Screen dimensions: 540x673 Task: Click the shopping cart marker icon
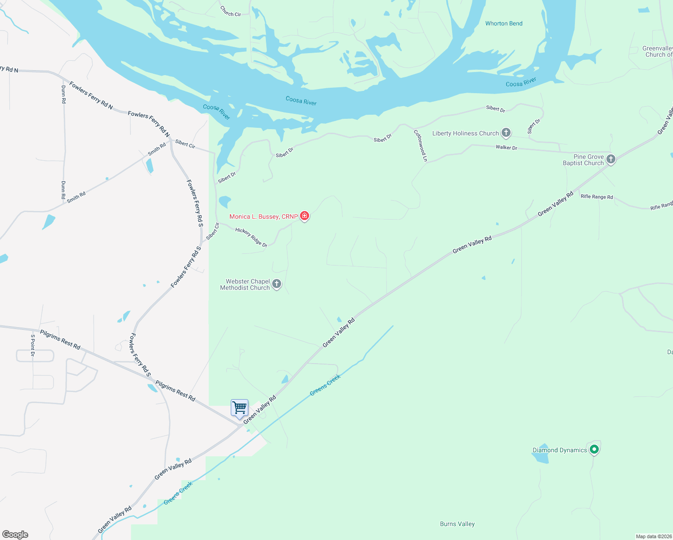[239, 408]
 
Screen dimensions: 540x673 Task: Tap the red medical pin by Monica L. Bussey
[305, 216]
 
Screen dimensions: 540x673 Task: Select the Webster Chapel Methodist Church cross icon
[277, 284]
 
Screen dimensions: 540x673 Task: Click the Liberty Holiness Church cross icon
[506, 133]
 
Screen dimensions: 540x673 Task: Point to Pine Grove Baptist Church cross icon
[611, 159]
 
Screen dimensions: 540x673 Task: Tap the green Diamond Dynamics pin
[594, 449]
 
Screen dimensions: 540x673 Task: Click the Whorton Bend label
[504, 23]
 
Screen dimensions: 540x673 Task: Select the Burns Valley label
[457, 524]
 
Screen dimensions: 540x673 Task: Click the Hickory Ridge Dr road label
[251, 237]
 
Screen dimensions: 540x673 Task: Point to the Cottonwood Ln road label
[421, 145]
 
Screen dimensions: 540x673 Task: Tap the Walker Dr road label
[507, 147]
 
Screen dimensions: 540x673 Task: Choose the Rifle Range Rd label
[597, 197]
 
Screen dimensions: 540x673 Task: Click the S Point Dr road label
[33, 345]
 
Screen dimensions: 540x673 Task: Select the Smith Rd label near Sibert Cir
[157, 149]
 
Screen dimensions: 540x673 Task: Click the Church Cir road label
[230, 11]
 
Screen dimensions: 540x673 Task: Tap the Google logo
[15, 534]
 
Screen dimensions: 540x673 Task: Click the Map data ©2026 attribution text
[653, 536]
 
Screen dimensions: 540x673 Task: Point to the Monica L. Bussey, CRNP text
[263, 216]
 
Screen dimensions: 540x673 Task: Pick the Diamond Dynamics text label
[560, 450]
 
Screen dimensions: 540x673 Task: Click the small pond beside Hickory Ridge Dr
[224, 201]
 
